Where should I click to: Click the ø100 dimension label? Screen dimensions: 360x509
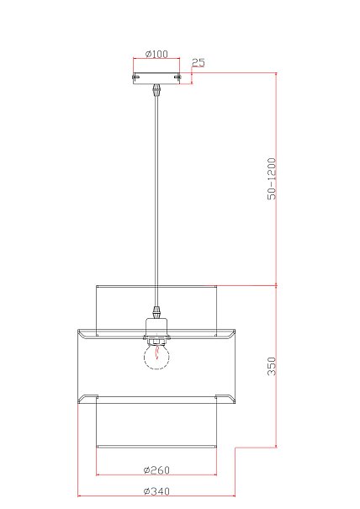pyautogui.click(x=156, y=54)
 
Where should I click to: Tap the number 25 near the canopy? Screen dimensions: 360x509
pyautogui.click(x=198, y=62)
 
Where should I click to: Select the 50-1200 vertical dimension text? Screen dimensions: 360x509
pyautogui.click(x=272, y=178)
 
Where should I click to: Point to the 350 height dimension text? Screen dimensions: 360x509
pyautogui.click(x=272, y=366)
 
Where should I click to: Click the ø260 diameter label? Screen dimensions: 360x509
pyautogui.click(x=156, y=469)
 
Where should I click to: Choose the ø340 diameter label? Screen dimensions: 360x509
pyautogui.click(x=156, y=491)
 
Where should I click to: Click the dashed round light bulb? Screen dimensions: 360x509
pyautogui.click(x=156, y=357)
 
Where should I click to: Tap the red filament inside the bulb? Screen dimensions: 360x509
pyautogui.click(x=156, y=353)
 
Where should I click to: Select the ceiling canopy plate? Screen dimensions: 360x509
pyautogui.click(x=156, y=78)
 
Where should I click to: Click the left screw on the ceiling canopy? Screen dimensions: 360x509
pyautogui.click(x=135, y=77)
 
